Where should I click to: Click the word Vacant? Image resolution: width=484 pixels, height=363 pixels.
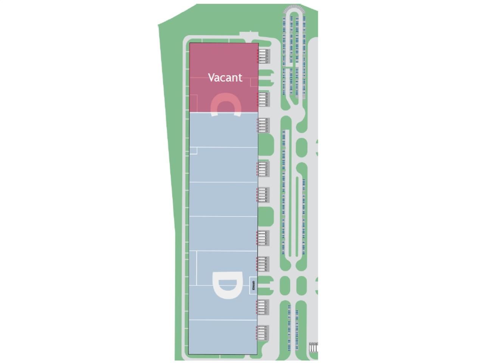pyautogui.click(x=225, y=78)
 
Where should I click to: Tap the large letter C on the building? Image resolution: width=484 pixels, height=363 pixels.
pyautogui.click(x=225, y=104)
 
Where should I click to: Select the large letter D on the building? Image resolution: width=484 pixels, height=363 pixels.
pyautogui.click(x=226, y=285)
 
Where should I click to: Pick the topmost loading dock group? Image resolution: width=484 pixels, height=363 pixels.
pyautogui.click(x=263, y=56)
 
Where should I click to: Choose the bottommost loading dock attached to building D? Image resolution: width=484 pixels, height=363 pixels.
pyautogui.click(x=263, y=333)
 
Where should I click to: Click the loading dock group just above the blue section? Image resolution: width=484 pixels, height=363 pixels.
pyautogui.click(x=263, y=99)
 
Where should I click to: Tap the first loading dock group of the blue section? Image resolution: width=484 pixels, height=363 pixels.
pyautogui.click(x=263, y=125)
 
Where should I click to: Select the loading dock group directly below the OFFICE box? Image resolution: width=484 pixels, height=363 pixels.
pyautogui.click(x=263, y=307)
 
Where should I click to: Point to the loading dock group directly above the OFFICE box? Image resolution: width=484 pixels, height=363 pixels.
pyautogui.click(x=263, y=264)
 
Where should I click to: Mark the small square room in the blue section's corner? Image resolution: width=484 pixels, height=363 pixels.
pyautogui.click(x=193, y=151)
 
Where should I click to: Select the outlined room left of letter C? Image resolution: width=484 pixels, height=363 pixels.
pyautogui.click(x=193, y=102)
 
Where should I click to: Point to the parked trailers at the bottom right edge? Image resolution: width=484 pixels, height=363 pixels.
pyautogui.click(x=313, y=347)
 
